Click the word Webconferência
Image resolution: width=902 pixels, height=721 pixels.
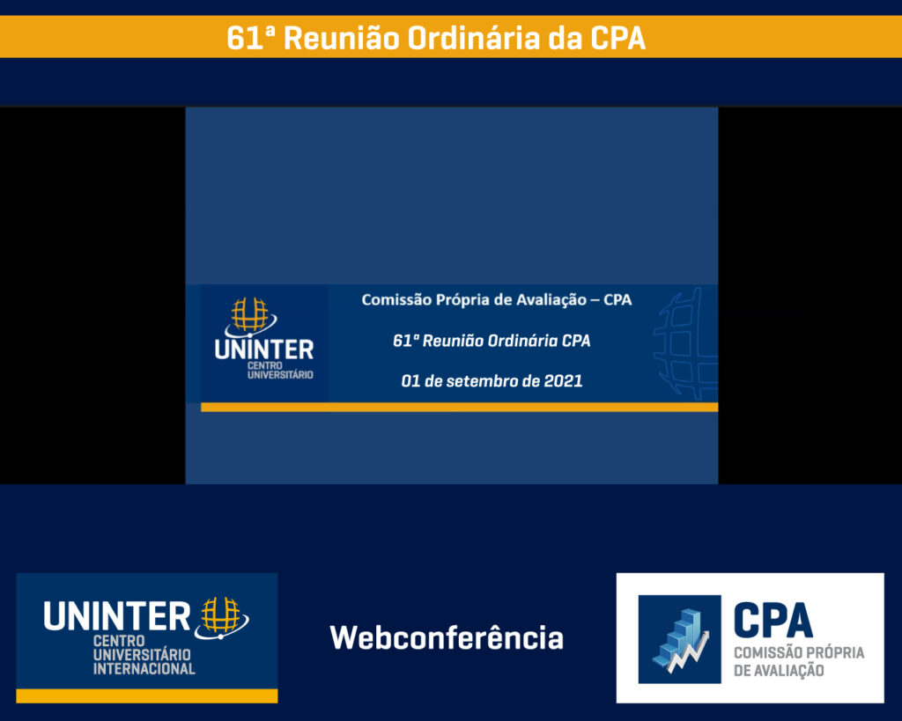[447, 637]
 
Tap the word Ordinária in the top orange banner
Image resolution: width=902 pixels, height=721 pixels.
[473, 38]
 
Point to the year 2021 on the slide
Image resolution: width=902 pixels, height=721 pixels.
[563, 380]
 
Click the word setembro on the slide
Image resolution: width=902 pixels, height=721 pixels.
[482, 380]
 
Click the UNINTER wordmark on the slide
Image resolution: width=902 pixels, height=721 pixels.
[264, 349]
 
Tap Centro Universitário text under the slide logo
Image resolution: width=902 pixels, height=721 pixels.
[280, 371]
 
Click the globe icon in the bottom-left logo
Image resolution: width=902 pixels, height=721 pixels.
[221, 618]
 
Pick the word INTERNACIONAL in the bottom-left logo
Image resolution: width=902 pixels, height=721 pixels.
[144, 669]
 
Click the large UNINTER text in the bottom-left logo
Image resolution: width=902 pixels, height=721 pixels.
[117, 615]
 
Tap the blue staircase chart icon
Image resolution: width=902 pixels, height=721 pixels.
[679, 639]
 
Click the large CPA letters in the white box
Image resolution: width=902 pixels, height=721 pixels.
[773, 620]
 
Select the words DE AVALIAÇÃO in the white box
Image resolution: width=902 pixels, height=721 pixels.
[779, 671]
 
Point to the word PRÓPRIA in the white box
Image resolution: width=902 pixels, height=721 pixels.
[832, 652]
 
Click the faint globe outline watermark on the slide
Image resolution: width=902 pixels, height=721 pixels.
[685, 344]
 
